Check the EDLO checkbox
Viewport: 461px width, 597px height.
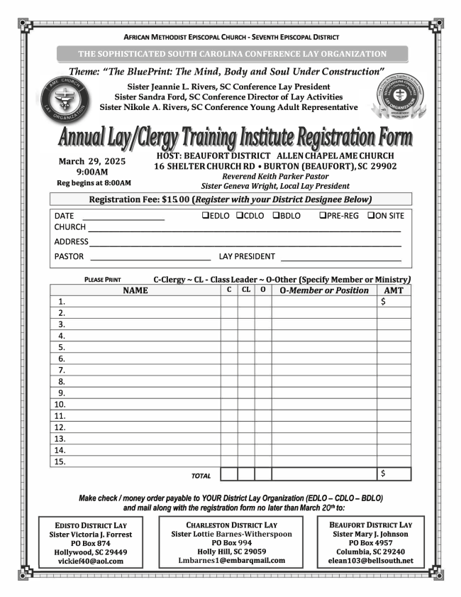pos(205,216)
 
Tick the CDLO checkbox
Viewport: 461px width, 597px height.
pos(240,216)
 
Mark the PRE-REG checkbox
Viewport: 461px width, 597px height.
pos(323,216)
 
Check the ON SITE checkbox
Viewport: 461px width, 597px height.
pos(371,216)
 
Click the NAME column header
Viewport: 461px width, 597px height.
pos(135,290)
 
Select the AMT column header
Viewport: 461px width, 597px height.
pos(394,290)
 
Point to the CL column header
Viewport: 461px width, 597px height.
pos(245,290)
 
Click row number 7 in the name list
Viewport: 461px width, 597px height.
pos(62,370)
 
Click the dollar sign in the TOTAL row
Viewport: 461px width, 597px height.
pos(384,473)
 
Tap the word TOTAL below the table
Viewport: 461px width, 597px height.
pos(201,476)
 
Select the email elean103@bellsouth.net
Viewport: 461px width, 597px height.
pos(372,561)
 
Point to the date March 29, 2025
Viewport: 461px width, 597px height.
pos(91,161)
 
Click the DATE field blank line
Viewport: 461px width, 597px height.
pos(123,217)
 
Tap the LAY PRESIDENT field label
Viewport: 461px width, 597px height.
pos(247,256)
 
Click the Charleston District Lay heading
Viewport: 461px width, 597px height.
pos(232,525)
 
